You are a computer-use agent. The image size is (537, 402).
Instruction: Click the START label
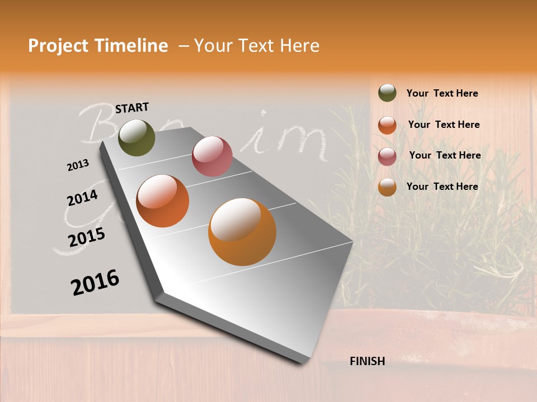[132, 108]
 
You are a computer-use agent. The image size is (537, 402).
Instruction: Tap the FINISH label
[367, 361]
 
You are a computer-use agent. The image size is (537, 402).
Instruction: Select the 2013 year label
[78, 165]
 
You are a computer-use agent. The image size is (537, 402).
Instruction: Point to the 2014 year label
[82, 198]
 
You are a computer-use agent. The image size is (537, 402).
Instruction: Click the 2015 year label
[87, 237]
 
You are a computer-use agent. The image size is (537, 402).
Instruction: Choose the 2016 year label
[95, 282]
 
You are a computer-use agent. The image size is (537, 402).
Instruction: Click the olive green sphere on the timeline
[136, 137]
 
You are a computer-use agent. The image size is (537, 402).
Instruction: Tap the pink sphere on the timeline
[212, 156]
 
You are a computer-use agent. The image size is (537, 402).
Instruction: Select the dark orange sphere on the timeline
[163, 201]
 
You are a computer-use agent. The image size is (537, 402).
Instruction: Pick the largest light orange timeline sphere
[242, 232]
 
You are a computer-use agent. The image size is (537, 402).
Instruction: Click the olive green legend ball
[387, 93]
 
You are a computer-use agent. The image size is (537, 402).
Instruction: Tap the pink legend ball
[387, 156]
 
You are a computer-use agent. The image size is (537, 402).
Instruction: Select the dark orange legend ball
[387, 125]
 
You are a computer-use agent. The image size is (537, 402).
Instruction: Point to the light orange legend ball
[387, 187]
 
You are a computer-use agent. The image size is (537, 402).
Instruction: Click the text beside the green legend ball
[442, 93]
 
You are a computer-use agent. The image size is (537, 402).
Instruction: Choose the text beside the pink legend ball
[445, 155]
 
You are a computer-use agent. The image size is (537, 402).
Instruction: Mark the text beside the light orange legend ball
[442, 186]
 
